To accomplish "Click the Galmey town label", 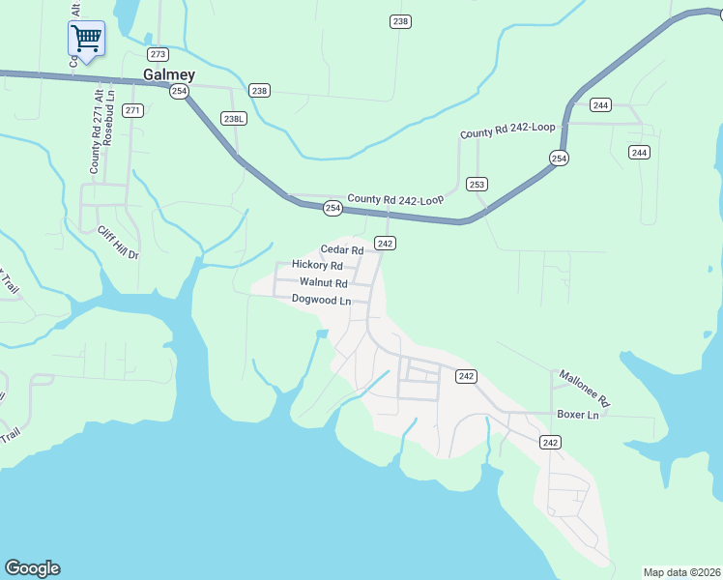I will click(x=169, y=74).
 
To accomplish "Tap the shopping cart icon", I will click(x=86, y=40).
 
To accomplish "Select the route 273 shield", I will click(x=159, y=54).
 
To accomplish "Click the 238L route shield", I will click(x=234, y=118).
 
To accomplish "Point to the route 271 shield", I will click(x=133, y=110).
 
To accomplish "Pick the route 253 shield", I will click(x=477, y=184).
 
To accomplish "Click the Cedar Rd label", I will click(x=341, y=249).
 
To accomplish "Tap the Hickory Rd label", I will click(x=317, y=265).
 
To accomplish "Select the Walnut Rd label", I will click(x=323, y=283).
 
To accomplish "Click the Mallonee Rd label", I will click(x=584, y=387).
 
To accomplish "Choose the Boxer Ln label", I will click(x=578, y=415).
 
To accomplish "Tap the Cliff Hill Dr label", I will click(x=119, y=243).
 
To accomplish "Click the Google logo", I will click(x=32, y=568).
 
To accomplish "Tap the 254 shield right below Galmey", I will click(x=179, y=91).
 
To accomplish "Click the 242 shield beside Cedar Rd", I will click(x=385, y=244).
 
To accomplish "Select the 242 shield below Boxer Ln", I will click(x=550, y=442).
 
